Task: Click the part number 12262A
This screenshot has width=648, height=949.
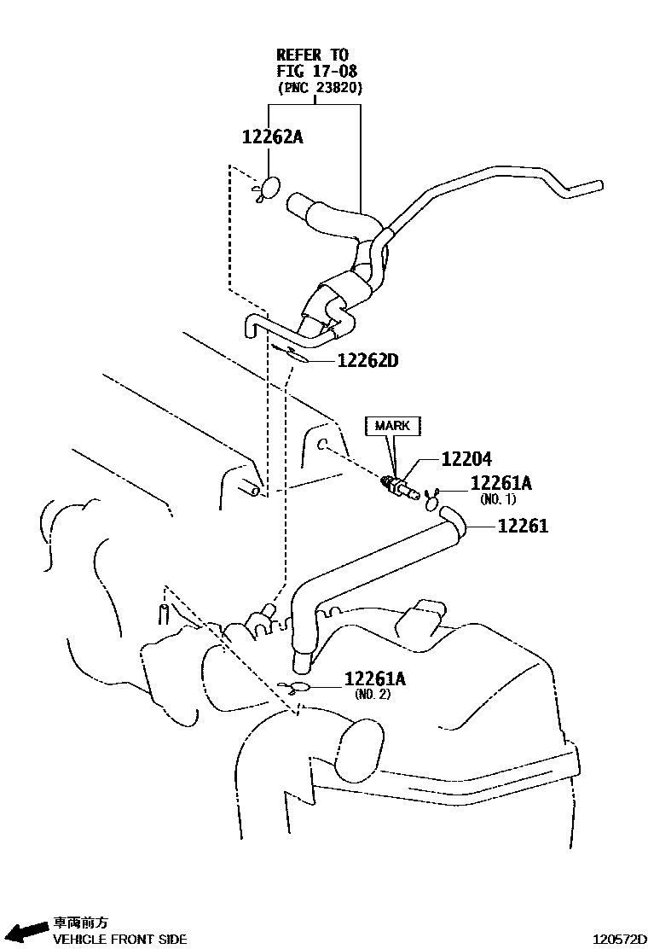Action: [273, 137]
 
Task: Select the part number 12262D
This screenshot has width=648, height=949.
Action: [367, 361]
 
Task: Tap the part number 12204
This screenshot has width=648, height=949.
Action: [466, 459]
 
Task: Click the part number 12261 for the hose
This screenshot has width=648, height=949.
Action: [523, 526]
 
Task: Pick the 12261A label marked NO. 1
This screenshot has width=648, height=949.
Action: [501, 483]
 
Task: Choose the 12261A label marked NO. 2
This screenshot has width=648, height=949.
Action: [375, 679]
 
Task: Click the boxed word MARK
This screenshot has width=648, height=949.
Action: [392, 426]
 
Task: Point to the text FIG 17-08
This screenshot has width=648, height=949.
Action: [316, 71]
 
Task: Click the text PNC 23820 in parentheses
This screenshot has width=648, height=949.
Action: [320, 88]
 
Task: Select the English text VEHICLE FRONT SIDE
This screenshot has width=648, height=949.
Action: [119, 940]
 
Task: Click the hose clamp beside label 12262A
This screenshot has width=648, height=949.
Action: [267, 189]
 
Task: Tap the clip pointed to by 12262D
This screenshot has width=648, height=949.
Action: [290, 352]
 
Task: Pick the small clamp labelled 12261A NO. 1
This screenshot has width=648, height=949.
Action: [433, 499]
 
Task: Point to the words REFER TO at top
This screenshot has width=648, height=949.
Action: [313, 55]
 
